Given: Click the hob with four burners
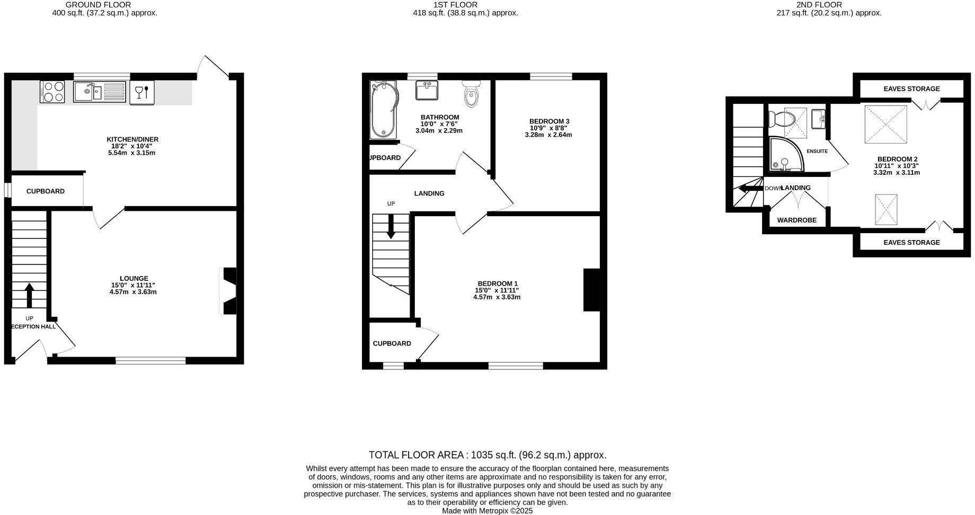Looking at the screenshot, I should coord(52,92).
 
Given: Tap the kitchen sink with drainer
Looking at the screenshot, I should coord(100,92).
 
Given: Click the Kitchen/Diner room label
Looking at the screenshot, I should coord(132,139).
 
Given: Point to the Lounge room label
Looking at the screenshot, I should coord(134,278).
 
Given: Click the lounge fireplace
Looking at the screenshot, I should coord(229,291).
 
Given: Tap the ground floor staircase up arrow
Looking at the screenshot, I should coord(29,296).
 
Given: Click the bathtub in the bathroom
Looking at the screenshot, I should coord(383,110).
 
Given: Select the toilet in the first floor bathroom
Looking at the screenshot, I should coord(471,94).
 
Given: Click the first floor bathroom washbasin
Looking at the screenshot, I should coord(427,90).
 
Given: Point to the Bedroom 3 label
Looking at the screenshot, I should coord(549,121).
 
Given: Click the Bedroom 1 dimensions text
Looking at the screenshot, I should coord(497,294).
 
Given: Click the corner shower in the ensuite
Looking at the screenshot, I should coord(785,155).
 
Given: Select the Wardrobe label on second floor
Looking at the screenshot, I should coord(796,220).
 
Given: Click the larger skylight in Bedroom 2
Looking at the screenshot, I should coord(885,124).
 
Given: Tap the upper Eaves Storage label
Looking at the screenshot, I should coord(911,89).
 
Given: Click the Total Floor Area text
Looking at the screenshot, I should coord(487,455).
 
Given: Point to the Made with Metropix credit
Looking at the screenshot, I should coord(487,511).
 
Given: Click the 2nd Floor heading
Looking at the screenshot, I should coord(826,5).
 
